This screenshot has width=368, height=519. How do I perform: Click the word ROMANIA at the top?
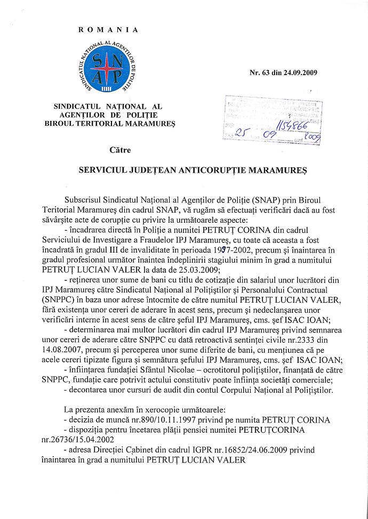pos(108,30)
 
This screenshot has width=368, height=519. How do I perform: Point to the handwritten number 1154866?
pos(295,126)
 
